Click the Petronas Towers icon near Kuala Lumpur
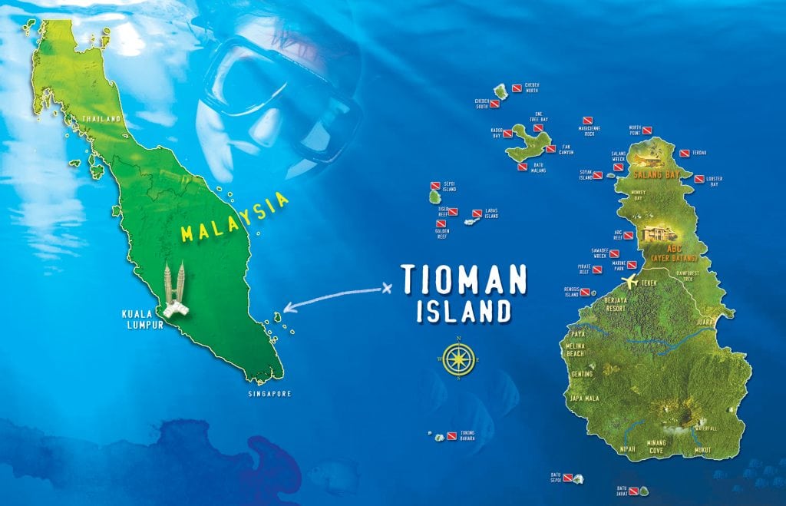(x=174, y=289)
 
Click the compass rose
(x=458, y=358)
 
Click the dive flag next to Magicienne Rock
(x=587, y=121)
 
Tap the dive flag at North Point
(x=646, y=131)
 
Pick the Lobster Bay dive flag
(x=698, y=179)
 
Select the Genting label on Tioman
(x=583, y=374)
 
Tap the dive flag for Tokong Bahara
(x=451, y=436)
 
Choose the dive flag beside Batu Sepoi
(x=568, y=478)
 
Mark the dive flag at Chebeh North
(x=517, y=88)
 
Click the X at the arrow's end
(x=386, y=289)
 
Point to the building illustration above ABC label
(x=655, y=233)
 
